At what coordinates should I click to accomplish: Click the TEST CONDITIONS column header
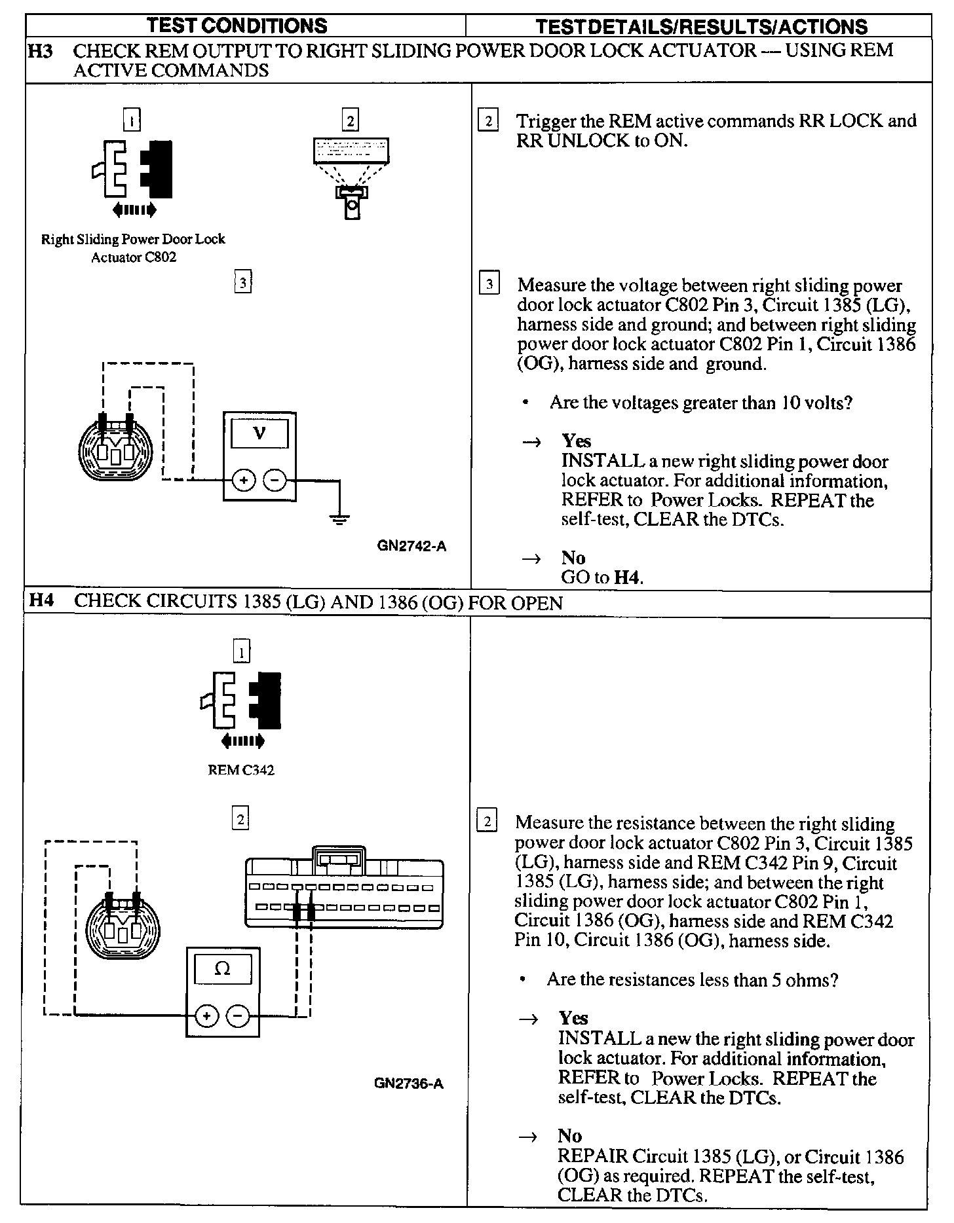237,26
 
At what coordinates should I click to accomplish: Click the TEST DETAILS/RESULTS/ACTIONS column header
701,26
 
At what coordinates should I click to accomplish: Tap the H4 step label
41,601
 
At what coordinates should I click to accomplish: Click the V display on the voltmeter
259,433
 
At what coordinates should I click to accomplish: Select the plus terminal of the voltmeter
244,481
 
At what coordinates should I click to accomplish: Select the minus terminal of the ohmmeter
238,1016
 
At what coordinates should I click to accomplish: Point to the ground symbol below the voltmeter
339,520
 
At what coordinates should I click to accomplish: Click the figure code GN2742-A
412,546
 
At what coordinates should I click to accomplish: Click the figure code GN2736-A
409,1084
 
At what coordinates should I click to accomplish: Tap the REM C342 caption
241,771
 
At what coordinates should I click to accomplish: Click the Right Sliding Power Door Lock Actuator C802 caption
133,248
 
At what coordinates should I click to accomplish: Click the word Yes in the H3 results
576,441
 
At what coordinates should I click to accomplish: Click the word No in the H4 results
569,1135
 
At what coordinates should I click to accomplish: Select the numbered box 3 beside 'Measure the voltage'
489,285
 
